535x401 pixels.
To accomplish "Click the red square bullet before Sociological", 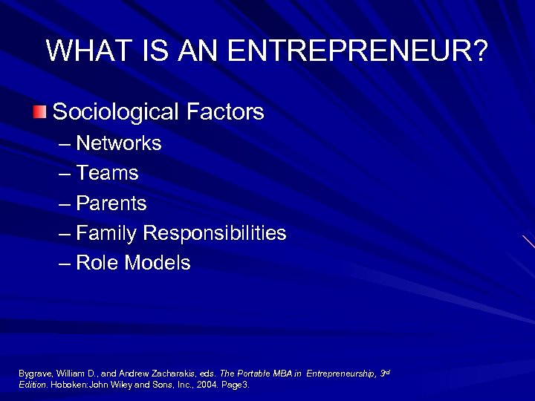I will click(39, 112).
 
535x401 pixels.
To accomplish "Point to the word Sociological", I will click(114, 112).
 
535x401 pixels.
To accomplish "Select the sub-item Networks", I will click(119, 143).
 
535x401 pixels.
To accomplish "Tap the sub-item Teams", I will click(107, 173).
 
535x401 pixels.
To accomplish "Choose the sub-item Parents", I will click(111, 203).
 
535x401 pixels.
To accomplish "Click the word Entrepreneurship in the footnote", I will click(345, 373).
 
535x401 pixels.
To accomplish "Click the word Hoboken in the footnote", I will click(67, 385).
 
